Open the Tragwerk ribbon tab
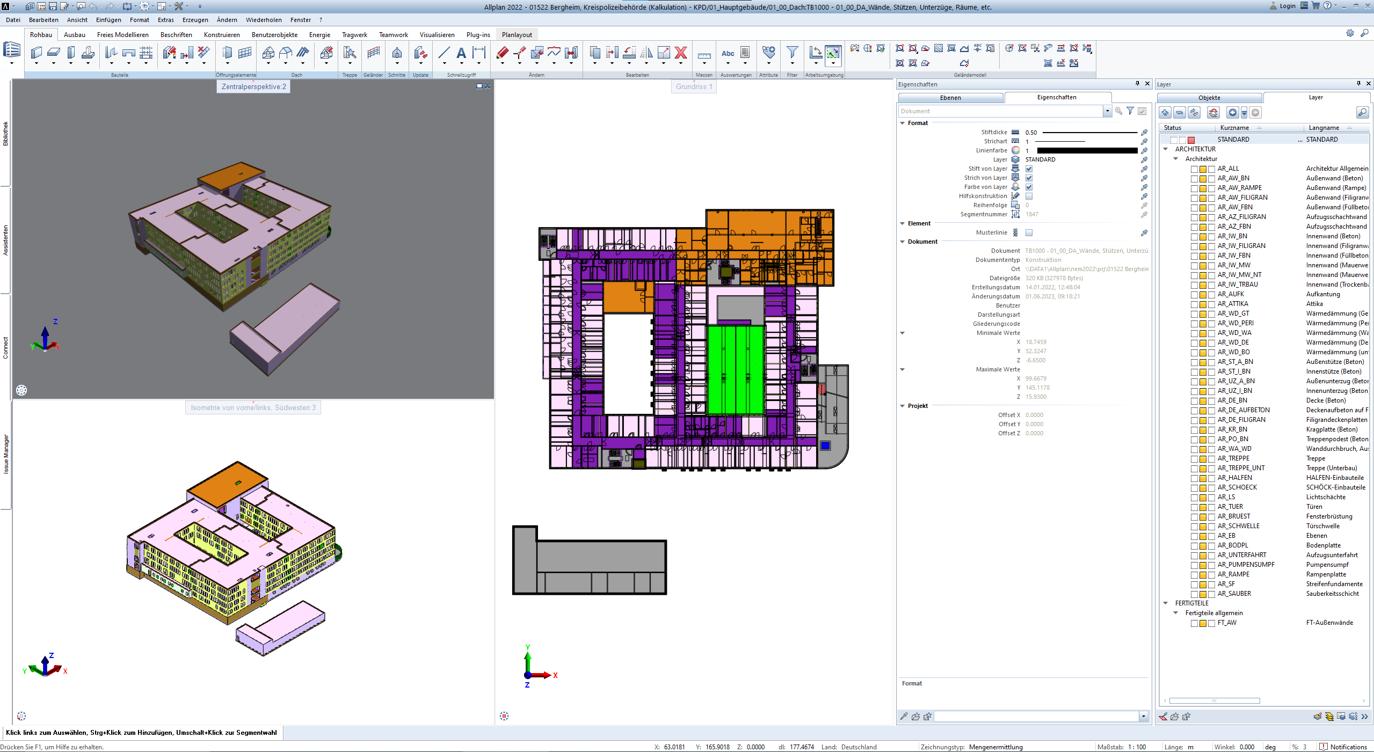pos(354,35)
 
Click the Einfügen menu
pos(108,20)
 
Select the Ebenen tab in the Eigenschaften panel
pos(950,98)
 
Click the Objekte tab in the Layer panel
pos(1209,98)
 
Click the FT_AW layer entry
pos(1226,623)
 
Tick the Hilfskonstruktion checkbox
pos(1029,196)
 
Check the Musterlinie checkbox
pos(1029,233)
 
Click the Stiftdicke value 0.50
pos(1031,133)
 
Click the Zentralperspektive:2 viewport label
pos(253,86)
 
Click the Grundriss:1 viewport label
pos(694,86)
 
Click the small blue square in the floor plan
pos(825,446)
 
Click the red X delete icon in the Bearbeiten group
pos(681,53)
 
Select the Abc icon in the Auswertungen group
pos(728,53)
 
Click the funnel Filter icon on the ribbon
pos(792,53)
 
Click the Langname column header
pos(1324,128)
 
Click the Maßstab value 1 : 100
pos(1137,747)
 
